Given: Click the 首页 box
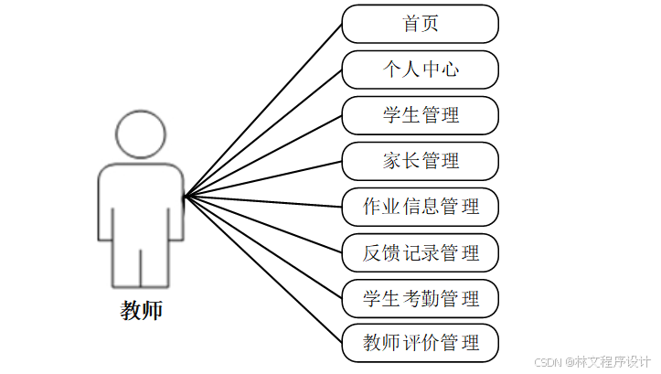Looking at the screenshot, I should pyautogui.click(x=421, y=24).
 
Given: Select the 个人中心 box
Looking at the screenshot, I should pyautogui.click(x=421, y=69).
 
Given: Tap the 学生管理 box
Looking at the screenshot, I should pyautogui.click(x=421, y=115).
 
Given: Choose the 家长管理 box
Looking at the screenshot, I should pyautogui.click(x=421, y=161).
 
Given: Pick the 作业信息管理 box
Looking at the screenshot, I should pyautogui.click(x=421, y=207).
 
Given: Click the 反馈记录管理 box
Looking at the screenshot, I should pyautogui.click(x=421, y=252).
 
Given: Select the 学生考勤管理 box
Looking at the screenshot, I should pyautogui.click(x=421, y=298).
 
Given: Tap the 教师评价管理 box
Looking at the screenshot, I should pyautogui.click(x=421, y=344).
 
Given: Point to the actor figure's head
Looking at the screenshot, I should pyautogui.click(x=142, y=134).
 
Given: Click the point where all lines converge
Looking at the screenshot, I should pyautogui.click(x=185, y=197).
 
